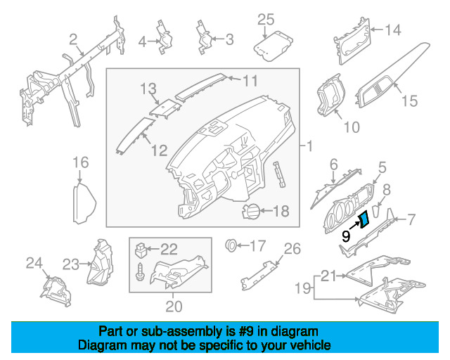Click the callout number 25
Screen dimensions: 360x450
[x=265, y=19]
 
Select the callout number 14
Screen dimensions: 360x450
[x=392, y=30]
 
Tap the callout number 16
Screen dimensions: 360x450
[x=82, y=164]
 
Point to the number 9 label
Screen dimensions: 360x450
[x=346, y=237]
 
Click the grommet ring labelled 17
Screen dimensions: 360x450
[x=229, y=246]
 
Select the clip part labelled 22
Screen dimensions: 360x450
[x=142, y=248]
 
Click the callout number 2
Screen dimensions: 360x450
[x=72, y=38]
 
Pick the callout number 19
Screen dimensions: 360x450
[x=302, y=288]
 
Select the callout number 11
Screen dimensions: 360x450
[x=250, y=80]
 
